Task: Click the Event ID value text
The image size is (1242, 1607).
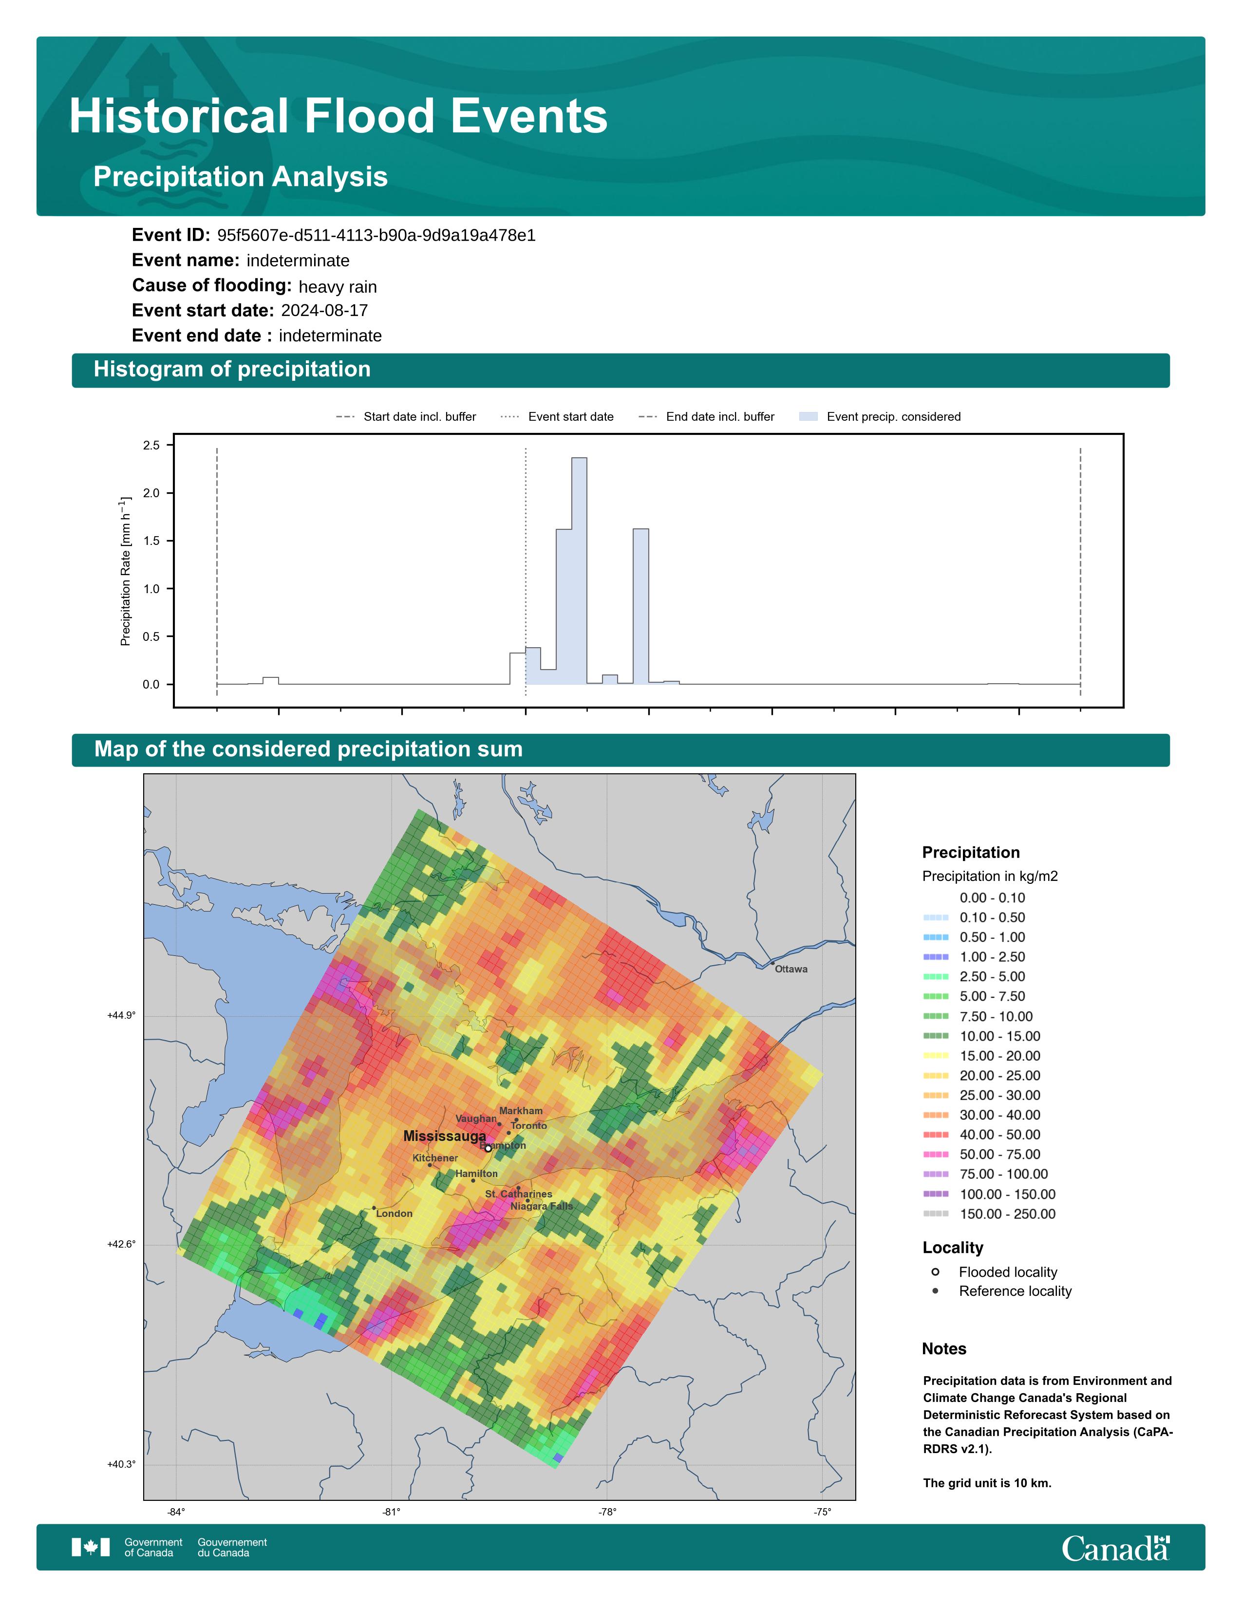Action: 376,236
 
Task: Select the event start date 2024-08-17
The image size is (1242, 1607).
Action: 324,311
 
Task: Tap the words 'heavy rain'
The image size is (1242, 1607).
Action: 338,287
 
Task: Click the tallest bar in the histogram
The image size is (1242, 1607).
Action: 579,571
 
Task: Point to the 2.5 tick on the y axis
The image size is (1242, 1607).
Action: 151,445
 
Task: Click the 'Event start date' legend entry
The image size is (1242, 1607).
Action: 557,416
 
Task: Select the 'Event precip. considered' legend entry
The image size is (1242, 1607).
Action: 880,416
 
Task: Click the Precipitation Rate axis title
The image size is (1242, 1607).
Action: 125,571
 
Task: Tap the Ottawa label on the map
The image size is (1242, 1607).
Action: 791,969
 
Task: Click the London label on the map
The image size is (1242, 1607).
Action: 395,1214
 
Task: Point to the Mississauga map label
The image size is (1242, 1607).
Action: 444,1136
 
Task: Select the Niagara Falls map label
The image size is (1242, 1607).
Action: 542,1206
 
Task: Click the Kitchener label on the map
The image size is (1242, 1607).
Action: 435,1158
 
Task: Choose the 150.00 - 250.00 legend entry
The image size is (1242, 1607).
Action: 989,1214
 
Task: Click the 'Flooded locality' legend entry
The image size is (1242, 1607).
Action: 994,1272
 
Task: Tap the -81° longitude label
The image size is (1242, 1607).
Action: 392,1512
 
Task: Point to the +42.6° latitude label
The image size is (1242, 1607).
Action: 121,1244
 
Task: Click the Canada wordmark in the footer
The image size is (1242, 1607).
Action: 1115,1548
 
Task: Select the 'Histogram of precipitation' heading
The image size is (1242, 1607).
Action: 232,370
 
